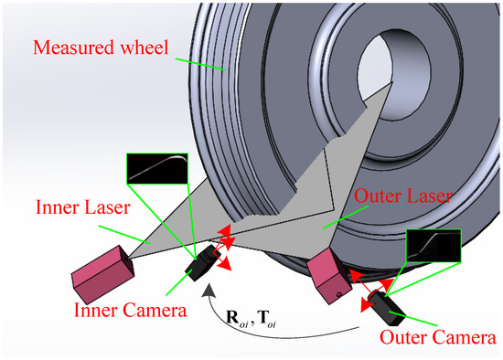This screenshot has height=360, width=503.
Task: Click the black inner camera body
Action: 201,265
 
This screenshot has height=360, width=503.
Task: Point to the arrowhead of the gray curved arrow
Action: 212,291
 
